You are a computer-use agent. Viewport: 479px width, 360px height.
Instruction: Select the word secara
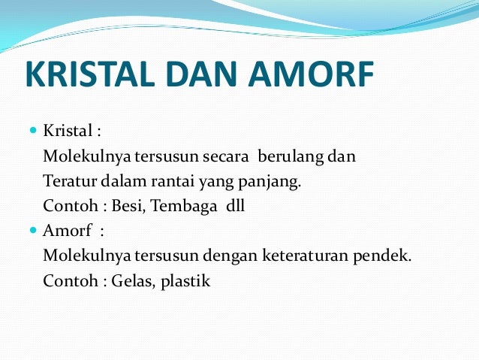[229, 157]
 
